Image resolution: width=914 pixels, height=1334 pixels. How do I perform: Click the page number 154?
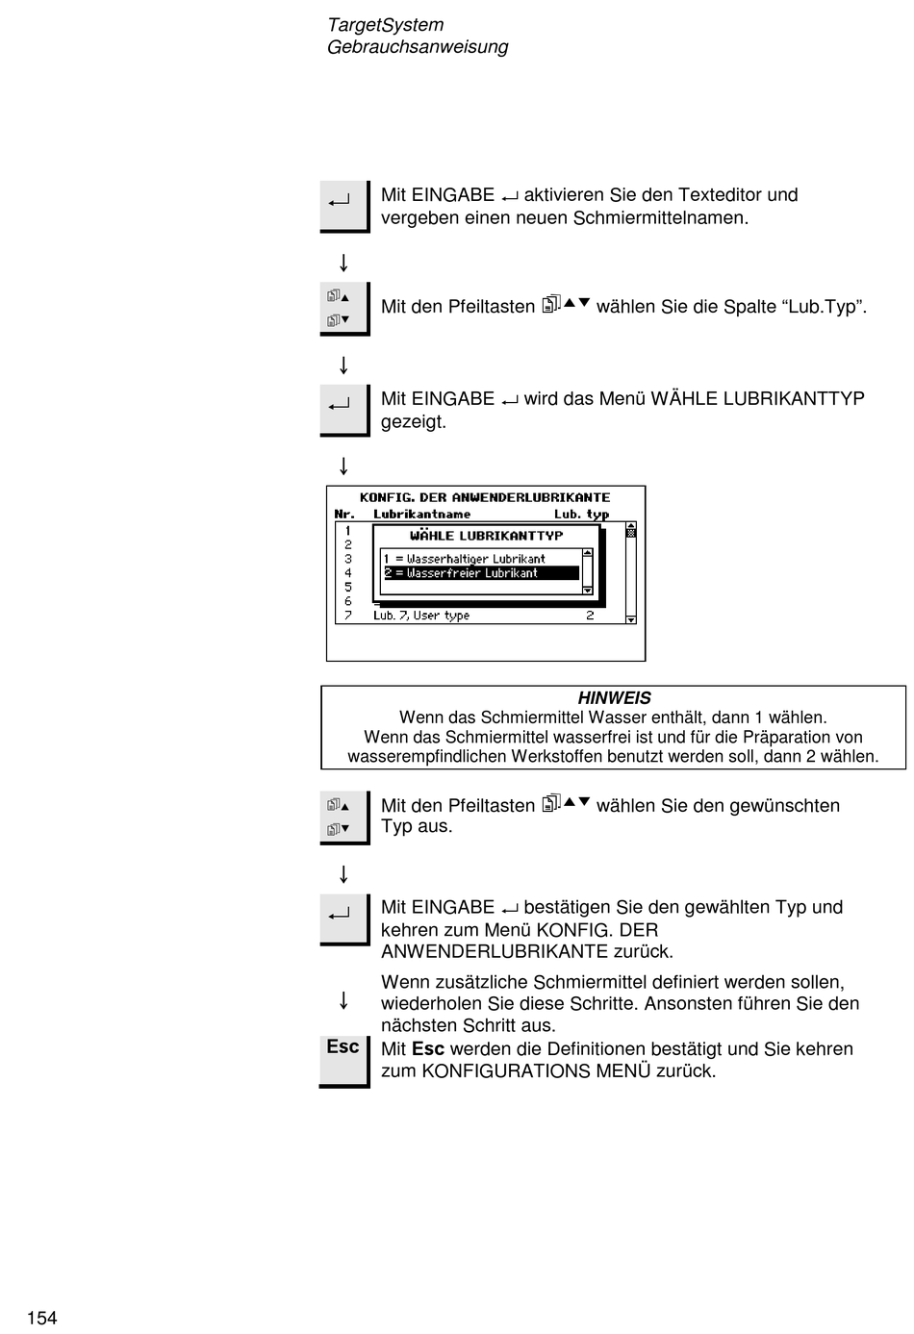(42, 1318)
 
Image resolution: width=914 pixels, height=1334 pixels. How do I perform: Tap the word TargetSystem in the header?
(385, 25)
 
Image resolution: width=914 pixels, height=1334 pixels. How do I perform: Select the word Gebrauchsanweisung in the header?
(417, 47)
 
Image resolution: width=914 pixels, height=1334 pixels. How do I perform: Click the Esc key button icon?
(343, 1047)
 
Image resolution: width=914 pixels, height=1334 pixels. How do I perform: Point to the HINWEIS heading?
(614, 698)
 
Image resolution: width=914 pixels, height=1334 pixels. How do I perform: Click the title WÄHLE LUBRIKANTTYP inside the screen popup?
(486, 536)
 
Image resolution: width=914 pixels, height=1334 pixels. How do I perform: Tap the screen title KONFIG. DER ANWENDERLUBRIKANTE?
(485, 497)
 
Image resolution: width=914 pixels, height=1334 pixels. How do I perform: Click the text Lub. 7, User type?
(421, 616)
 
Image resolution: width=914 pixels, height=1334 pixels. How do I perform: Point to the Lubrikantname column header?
(421, 515)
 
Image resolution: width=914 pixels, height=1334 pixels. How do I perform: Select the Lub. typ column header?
(581, 515)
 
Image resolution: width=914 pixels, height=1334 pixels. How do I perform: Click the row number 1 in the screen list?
(348, 530)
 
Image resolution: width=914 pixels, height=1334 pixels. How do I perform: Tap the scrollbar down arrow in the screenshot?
(631, 619)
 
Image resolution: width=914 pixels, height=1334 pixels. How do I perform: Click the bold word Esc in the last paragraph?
(428, 1049)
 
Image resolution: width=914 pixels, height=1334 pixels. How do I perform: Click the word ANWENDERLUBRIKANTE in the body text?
(495, 952)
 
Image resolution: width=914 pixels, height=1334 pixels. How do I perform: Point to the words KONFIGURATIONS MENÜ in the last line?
(536, 1071)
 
